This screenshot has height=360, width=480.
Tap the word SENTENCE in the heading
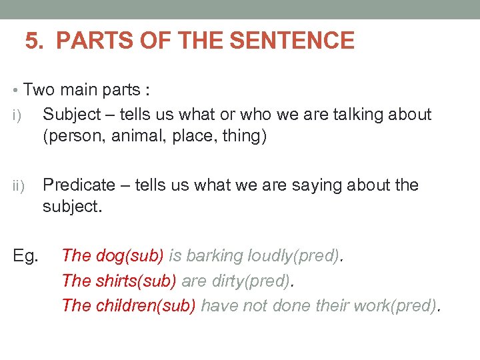tap(292, 41)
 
